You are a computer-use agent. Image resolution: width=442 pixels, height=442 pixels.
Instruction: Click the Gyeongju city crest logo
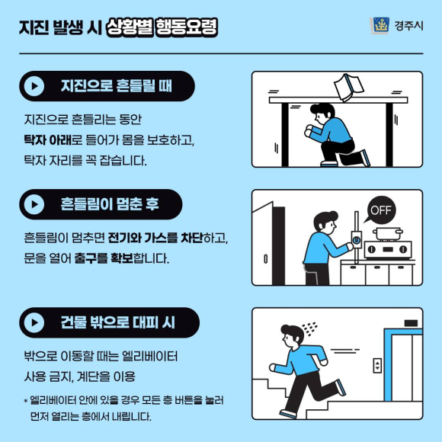coord(380,25)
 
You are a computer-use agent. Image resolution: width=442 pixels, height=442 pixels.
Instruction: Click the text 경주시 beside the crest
coord(408,26)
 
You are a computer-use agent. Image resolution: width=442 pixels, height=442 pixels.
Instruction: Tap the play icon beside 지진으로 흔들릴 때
coord(34,86)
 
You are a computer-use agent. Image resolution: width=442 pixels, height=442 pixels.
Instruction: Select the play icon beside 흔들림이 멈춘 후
coord(34,204)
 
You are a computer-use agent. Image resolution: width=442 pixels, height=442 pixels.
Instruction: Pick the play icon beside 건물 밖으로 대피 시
coord(34,322)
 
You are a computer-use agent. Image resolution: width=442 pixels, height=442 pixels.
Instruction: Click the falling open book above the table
coord(349,87)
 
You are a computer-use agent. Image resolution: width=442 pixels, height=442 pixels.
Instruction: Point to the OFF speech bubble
coord(380,210)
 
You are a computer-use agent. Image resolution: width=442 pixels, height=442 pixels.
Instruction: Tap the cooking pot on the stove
coord(388,234)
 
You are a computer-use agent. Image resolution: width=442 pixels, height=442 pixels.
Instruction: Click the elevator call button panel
coord(377,366)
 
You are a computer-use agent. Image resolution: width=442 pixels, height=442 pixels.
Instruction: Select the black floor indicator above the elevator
coord(411,323)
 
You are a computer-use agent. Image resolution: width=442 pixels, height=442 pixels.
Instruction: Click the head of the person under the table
coord(322,114)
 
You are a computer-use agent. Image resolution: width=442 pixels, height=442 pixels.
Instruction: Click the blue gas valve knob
coord(357,240)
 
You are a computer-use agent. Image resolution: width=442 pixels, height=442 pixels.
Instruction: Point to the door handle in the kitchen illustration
coord(265,259)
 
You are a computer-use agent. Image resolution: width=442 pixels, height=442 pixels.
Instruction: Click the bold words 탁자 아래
coord(47,140)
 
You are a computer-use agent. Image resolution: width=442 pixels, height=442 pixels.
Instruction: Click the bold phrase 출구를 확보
coord(104,258)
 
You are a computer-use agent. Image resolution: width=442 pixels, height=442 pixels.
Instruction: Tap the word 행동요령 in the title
coord(186,27)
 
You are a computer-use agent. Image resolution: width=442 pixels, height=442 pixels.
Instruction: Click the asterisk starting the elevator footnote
coord(26,401)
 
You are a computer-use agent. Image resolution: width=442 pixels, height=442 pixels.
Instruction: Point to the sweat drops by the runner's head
coord(309,328)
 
